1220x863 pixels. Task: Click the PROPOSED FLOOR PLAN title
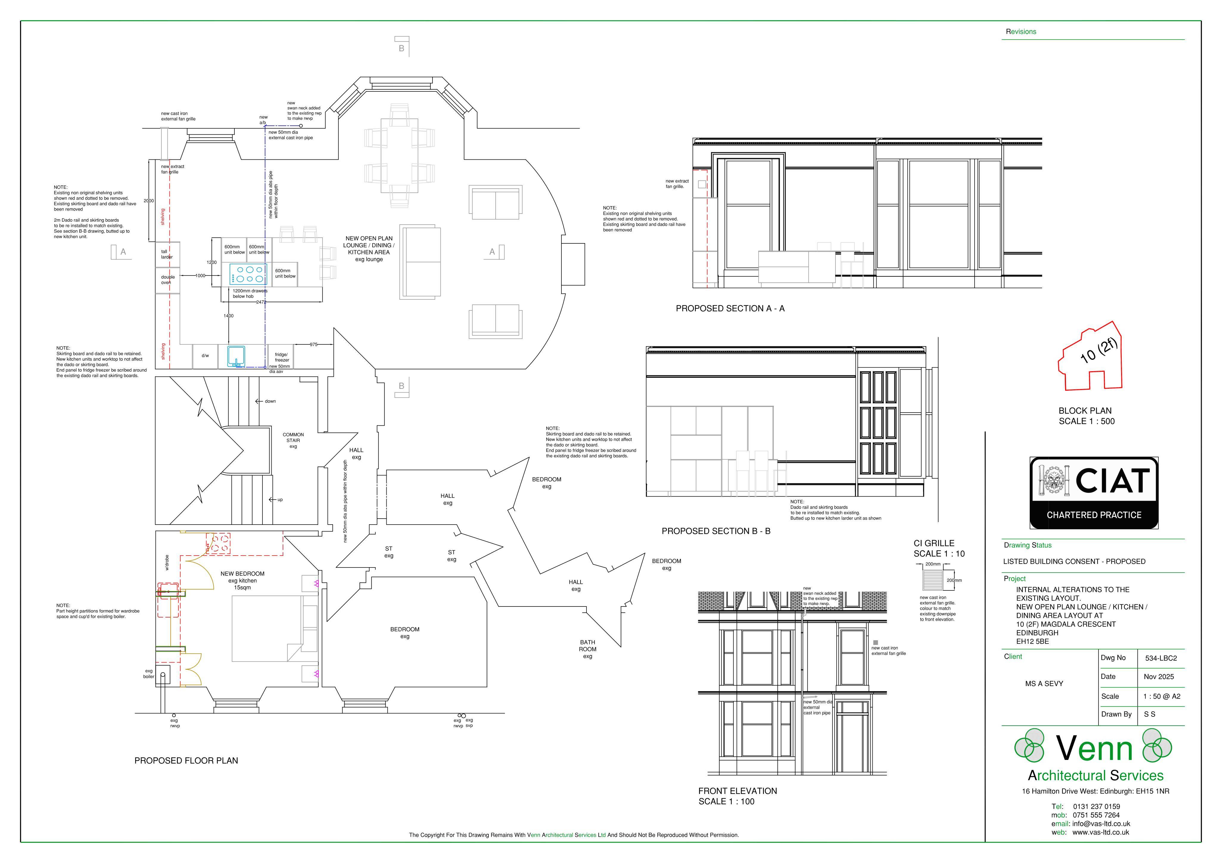[x=186, y=761]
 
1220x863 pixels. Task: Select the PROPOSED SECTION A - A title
[x=730, y=309]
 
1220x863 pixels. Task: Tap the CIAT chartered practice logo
[x=1094, y=493]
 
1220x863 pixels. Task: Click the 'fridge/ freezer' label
[x=282, y=357]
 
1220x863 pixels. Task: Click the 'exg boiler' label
[x=149, y=674]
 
